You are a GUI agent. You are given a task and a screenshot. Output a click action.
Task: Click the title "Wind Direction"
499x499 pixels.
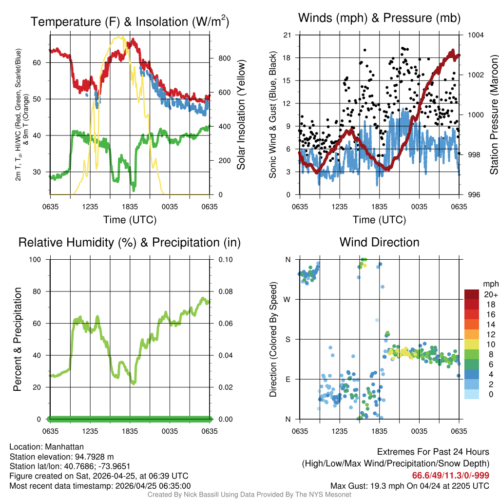pos(379,242)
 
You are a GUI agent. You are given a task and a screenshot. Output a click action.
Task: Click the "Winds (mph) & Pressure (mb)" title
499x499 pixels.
pos(379,18)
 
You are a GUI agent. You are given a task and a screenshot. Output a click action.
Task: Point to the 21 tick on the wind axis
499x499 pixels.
pos(287,35)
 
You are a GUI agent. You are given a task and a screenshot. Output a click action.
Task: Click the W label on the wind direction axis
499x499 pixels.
pos(288,299)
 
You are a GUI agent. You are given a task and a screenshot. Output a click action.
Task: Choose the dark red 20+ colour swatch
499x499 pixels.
pos(472,294)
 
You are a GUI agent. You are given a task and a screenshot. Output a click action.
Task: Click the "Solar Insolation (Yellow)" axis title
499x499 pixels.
pos(241,115)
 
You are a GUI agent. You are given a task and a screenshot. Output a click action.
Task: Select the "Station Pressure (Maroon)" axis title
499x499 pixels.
pos(494,115)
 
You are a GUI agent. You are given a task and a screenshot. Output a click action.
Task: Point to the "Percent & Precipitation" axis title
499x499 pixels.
pos(18,339)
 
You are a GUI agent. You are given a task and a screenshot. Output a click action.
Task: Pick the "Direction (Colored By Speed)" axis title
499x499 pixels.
pos(273,339)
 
